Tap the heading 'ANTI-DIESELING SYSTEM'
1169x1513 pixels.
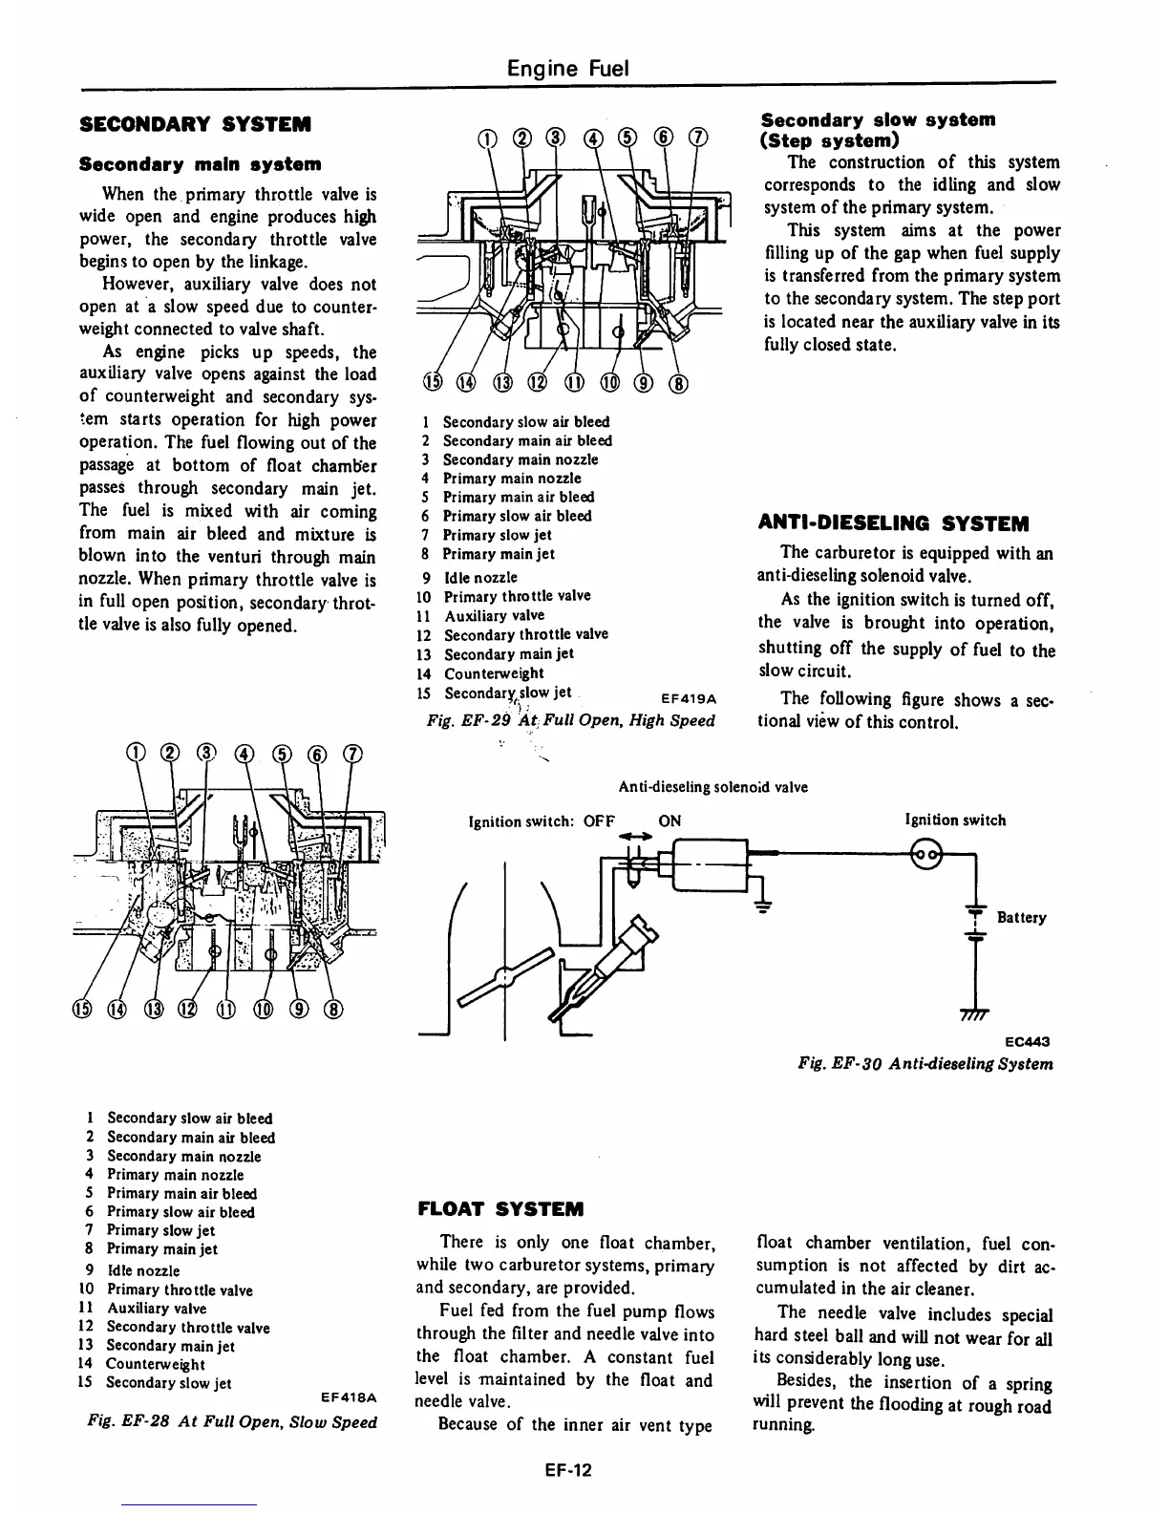pos(893,523)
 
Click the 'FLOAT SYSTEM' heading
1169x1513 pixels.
pos(499,1208)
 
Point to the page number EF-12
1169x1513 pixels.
pos(563,1469)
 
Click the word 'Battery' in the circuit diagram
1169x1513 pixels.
pos(1021,918)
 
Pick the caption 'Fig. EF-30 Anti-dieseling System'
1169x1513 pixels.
pos(925,1064)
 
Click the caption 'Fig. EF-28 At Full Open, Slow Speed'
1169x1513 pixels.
pos(231,1421)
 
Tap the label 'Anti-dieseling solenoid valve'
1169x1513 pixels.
pos(712,787)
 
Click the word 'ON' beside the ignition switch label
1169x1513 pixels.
pos(670,820)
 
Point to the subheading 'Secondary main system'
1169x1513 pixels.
pos(200,164)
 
